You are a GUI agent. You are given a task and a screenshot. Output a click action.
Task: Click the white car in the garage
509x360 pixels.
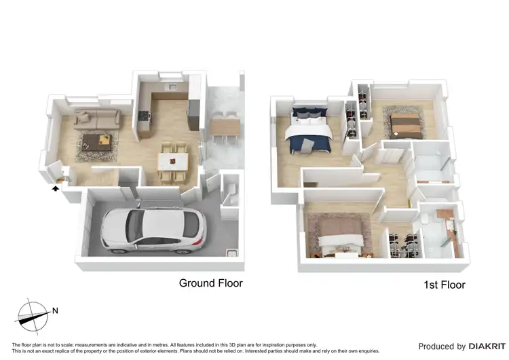point(153,228)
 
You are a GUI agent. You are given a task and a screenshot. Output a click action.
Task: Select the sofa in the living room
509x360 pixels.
point(97,120)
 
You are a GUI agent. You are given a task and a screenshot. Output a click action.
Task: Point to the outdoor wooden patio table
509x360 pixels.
point(225,126)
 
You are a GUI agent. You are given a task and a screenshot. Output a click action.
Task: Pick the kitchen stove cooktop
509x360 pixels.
point(143,117)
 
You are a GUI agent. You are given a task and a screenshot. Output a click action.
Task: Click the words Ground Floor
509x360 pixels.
point(210,283)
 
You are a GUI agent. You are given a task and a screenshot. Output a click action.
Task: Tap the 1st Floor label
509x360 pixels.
point(442,285)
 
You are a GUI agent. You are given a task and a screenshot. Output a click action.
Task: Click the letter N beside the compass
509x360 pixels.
point(55,311)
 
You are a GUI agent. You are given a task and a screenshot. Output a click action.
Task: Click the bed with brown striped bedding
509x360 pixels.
point(407,123)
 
